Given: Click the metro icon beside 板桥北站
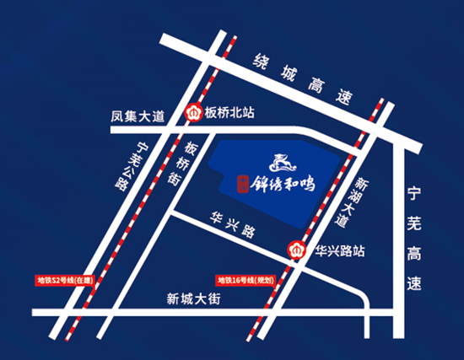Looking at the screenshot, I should pyautogui.click(x=193, y=111).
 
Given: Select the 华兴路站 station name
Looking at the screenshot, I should pyautogui.click(x=340, y=250).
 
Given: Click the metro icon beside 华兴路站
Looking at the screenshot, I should pyautogui.click(x=298, y=250).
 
